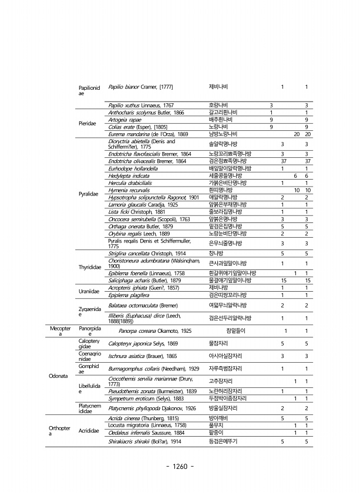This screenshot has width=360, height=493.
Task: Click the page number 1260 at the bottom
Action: click(x=180, y=467)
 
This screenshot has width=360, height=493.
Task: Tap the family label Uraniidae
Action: click(x=88, y=291)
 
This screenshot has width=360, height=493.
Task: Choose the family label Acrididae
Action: click(x=89, y=431)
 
